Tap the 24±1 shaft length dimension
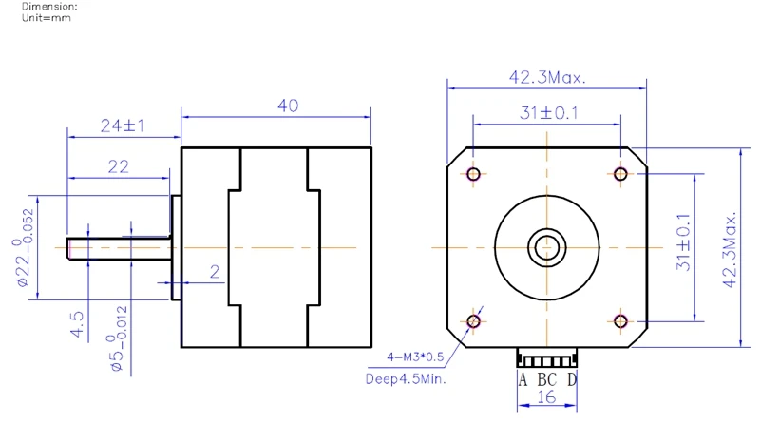[x=122, y=125]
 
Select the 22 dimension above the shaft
[x=118, y=166]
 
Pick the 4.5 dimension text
[x=80, y=324]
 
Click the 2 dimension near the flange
[x=215, y=272]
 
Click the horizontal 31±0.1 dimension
[x=548, y=112]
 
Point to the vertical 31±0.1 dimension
[x=683, y=242]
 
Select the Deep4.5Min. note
[x=406, y=378]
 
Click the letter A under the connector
[x=522, y=380]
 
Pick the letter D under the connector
[x=571, y=380]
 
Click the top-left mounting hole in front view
[x=473, y=173]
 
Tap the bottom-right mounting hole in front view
[x=620, y=320]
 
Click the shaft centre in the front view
[x=546, y=246]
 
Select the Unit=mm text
[x=47, y=17]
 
